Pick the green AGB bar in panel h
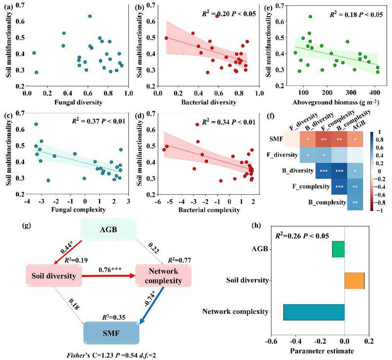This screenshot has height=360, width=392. click(x=338, y=249)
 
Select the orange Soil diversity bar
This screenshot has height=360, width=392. click(x=354, y=280)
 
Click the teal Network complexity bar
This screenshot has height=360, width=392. click(x=314, y=311)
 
